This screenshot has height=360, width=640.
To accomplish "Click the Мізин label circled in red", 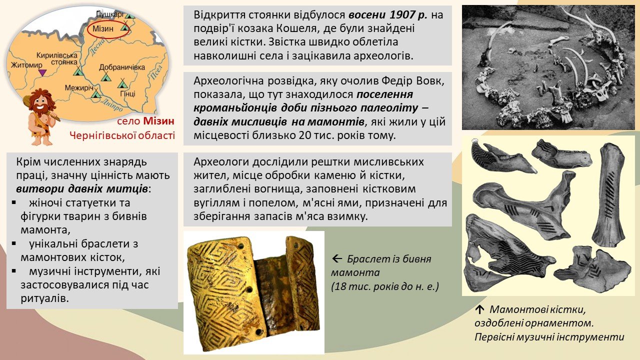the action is (x=103, y=28).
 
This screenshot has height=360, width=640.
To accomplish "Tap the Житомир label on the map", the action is (x=26, y=65).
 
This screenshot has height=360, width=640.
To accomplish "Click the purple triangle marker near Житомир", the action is (x=42, y=72).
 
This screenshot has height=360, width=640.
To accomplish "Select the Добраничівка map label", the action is (x=122, y=67).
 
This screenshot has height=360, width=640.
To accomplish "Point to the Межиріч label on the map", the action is (x=79, y=87).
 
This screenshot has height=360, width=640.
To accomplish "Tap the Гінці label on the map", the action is (x=127, y=93).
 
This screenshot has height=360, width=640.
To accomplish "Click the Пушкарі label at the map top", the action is (x=109, y=14).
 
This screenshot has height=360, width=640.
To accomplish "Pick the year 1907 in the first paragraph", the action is (x=402, y=14).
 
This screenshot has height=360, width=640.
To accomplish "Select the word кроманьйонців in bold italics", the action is (x=235, y=108).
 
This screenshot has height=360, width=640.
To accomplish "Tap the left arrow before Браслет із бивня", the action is (x=337, y=259).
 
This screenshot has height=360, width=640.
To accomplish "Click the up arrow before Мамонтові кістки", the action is (x=479, y=309).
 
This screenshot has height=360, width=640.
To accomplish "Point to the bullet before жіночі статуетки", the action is (x=13, y=202).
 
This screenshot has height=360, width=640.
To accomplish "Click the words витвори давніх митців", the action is (x=82, y=189).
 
